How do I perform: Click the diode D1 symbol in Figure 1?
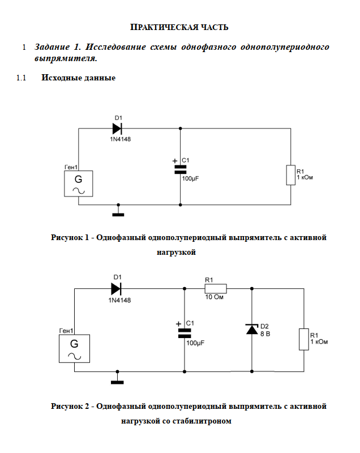(x=117, y=129)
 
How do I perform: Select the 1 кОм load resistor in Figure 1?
(x=291, y=175)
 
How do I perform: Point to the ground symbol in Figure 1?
(x=118, y=213)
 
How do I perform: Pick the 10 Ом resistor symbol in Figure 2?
(x=215, y=288)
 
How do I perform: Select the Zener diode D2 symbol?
(x=252, y=329)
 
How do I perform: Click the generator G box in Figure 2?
(x=74, y=348)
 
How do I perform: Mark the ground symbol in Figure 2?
(x=117, y=381)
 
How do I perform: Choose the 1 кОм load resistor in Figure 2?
(x=304, y=339)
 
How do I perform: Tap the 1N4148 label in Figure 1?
(x=120, y=139)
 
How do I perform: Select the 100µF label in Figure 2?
(x=195, y=343)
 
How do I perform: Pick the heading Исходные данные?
(x=78, y=78)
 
